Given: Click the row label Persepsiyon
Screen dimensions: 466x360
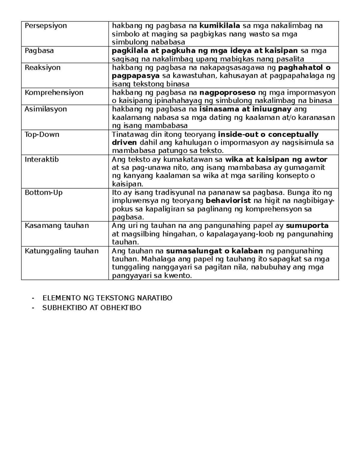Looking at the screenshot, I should coord(46,26).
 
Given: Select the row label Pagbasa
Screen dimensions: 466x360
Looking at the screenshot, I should coord(39,51).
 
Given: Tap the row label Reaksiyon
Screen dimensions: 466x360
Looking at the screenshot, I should coord(42,68).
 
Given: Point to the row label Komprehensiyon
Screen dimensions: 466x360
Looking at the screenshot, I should coord(54,92).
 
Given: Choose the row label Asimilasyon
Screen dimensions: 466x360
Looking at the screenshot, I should coord(46,109).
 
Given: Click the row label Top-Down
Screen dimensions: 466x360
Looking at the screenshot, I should coord(42,134).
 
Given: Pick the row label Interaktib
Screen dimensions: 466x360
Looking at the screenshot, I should coord(42,159).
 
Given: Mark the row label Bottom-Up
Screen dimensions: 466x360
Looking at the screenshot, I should coord(43,193).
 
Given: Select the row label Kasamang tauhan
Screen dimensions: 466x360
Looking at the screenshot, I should coord(57,226).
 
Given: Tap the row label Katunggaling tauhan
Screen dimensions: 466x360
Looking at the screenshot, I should coord(61,251).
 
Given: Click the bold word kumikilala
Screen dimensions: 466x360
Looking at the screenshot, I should coord(220,26).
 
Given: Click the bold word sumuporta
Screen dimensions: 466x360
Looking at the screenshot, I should coord(307,226).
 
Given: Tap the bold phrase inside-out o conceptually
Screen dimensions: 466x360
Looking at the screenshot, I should coord(268,134).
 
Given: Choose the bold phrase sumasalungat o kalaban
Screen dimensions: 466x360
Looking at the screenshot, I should coord(214,251).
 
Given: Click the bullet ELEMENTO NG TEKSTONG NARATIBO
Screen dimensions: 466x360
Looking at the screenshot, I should coord(107,298).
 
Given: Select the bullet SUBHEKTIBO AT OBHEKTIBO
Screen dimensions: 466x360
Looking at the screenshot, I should coord(92,308).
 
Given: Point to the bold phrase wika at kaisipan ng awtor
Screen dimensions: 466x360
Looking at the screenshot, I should coord(276,159).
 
